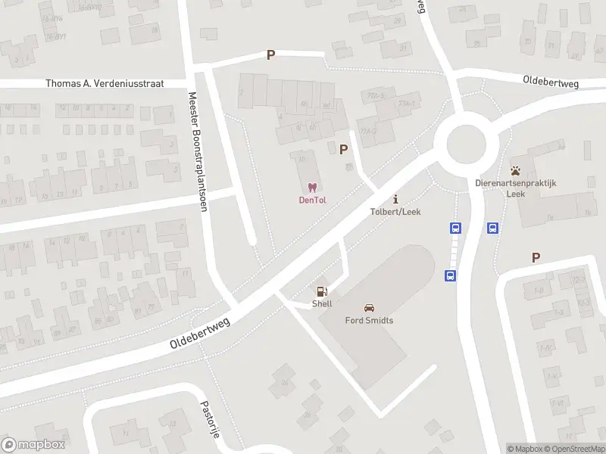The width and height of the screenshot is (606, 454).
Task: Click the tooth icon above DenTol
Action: point(311,187)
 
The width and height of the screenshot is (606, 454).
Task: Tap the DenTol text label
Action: point(311,200)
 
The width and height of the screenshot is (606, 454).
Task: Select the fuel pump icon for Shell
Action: point(322,291)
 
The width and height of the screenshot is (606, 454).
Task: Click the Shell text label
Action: point(322,303)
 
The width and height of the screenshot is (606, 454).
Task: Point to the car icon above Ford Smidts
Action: point(369,308)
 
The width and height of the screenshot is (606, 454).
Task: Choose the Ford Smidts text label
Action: point(369,320)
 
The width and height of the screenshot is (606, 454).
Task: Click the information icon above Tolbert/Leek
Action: point(395,199)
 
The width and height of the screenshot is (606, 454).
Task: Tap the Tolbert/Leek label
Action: point(395,211)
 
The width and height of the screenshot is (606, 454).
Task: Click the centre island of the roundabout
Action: point(465,143)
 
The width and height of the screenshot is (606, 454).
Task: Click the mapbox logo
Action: point(33,445)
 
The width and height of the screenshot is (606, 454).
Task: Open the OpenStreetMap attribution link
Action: point(573,449)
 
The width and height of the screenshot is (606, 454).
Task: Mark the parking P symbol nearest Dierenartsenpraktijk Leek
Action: point(536,258)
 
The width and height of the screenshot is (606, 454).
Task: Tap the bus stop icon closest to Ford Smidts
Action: point(450,276)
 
